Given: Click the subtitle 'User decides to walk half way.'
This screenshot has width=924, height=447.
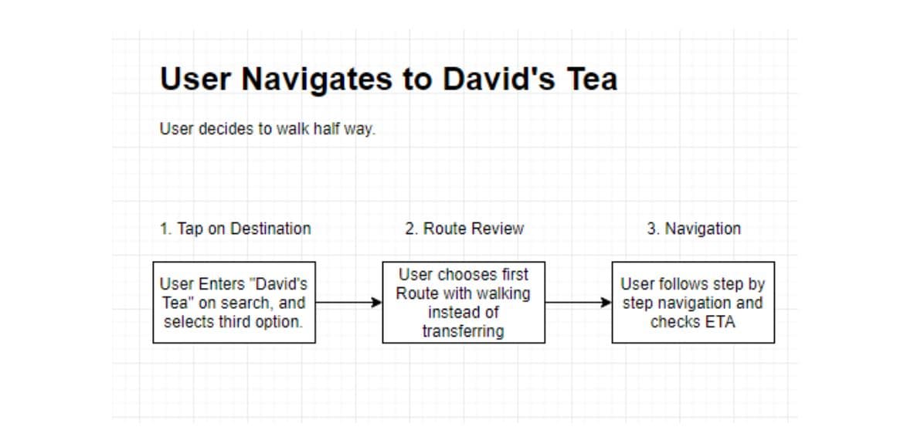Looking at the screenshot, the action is (267, 129).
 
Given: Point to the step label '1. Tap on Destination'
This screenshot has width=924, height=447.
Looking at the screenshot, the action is (235, 229).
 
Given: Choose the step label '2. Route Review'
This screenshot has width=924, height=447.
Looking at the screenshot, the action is (464, 229).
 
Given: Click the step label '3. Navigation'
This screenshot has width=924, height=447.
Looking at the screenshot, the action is (694, 229).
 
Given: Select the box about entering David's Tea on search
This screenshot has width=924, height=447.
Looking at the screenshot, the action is (234, 302).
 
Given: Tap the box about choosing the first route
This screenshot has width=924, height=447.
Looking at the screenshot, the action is (464, 302).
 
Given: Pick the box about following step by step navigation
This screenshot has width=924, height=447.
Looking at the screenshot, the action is (693, 302).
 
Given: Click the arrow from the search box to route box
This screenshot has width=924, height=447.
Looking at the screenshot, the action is (349, 303).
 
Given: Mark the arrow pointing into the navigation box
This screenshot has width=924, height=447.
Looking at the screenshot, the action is (579, 303).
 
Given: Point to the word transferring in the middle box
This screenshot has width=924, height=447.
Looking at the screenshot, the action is (464, 331).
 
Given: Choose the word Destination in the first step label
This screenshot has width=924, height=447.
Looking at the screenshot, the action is (270, 229).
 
